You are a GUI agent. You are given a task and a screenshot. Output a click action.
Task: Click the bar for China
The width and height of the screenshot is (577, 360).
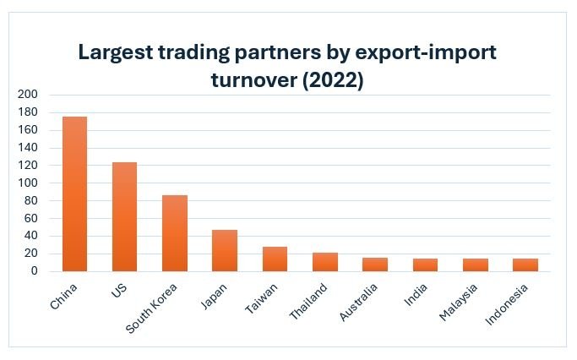(x=74, y=194)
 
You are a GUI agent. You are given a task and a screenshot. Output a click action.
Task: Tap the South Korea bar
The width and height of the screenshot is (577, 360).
(x=175, y=233)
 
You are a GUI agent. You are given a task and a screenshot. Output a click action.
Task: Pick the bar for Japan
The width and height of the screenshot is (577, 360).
(x=225, y=250)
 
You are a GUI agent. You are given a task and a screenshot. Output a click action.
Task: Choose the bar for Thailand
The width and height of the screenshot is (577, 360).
(x=325, y=262)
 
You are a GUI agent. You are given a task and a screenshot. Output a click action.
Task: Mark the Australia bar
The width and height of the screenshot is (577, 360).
(x=375, y=265)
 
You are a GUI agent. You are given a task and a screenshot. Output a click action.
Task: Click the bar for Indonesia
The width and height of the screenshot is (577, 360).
(x=525, y=265)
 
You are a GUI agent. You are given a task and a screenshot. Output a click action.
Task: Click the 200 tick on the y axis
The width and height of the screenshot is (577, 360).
(x=27, y=95)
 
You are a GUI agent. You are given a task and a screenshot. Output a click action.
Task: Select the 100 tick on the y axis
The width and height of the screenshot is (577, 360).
(x=27, y=183)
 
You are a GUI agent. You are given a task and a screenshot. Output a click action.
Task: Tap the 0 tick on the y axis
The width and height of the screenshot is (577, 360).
(x=34, y=271)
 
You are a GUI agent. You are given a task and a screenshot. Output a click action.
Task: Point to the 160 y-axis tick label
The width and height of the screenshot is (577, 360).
(x=27, y=130)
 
